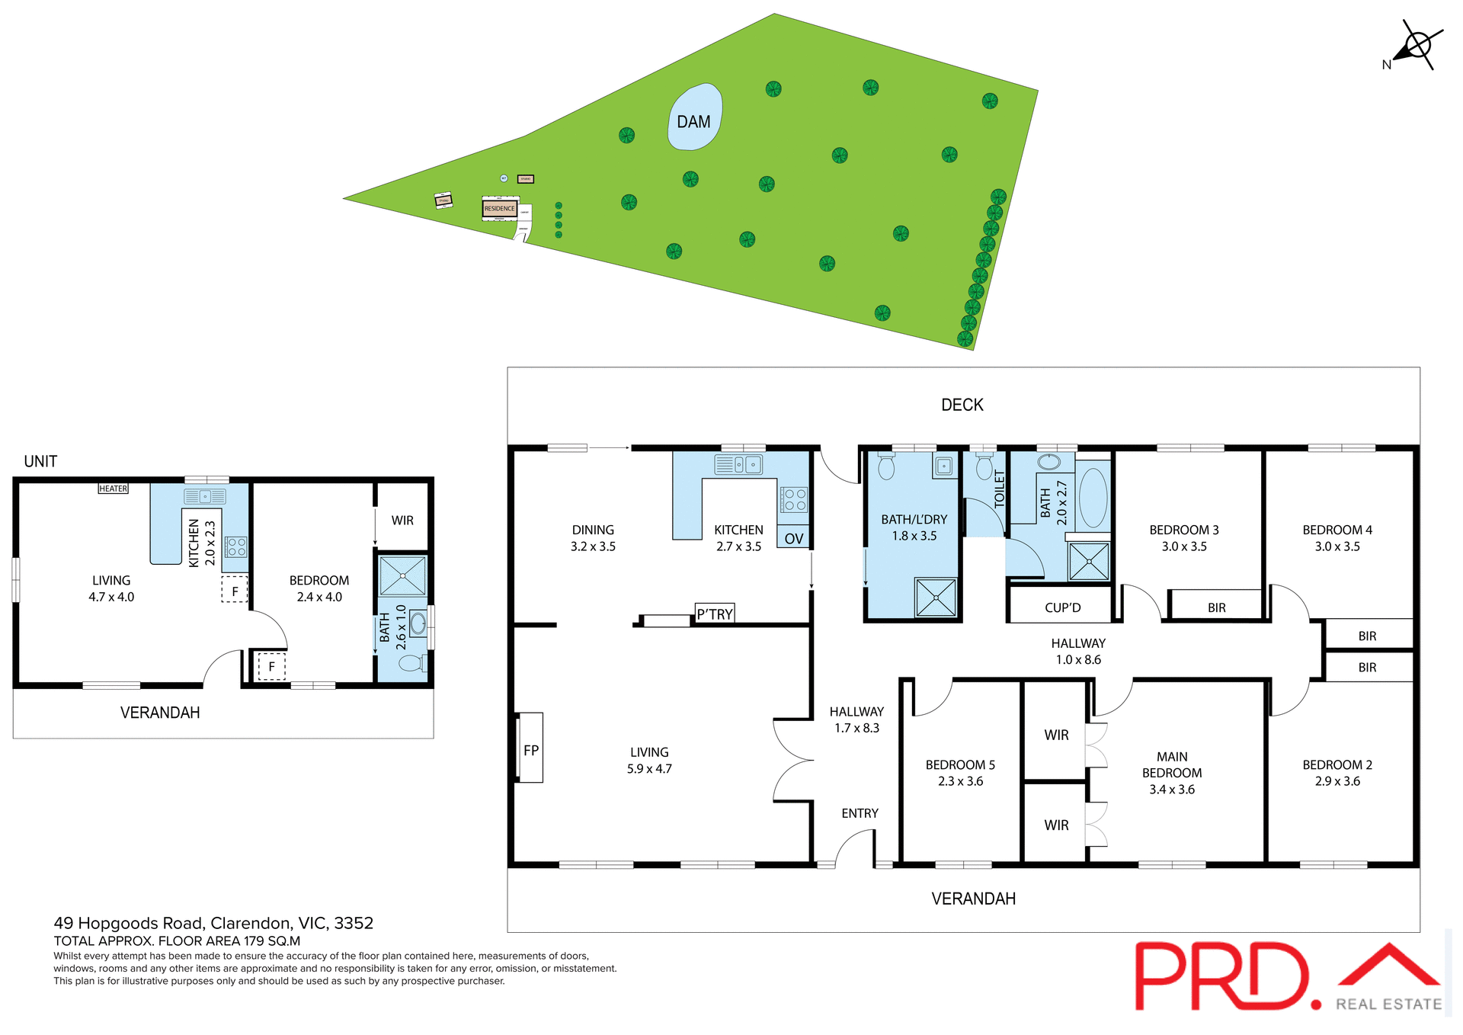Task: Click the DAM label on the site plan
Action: (x=693, y=122)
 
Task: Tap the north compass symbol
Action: (x=1417, y=45)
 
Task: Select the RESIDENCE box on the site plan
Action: (x=499, y=208)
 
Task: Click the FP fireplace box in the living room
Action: (x=531, y=750)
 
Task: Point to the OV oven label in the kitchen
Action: (x=793, y=538)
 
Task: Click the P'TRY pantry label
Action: (x=715, y=614)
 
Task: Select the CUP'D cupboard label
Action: (x=1062, y=607)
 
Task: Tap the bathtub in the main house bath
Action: (x=1093, y=497)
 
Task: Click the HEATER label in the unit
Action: (x=113, y=489)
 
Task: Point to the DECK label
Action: (x=962, y=405)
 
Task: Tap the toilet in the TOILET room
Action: (x=984, y=466)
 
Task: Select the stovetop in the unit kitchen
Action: (x=236, y=546)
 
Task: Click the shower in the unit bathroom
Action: (x=402, y=575)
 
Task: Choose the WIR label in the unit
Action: (x=402, y=521)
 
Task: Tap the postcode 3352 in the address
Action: (x=354, y=923)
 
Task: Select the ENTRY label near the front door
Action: (x=860, y=813)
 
